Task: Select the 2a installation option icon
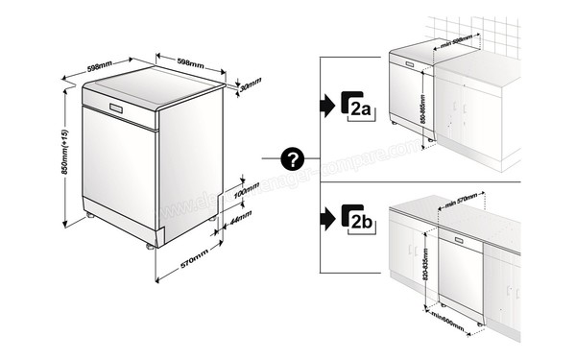pyautogui.click(x=358, y=107)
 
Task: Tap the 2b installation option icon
pyautogui.click(x=358, y=219)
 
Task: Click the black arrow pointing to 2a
pyautogui.click(x=327, y=107)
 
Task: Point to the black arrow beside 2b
pyautogui.click(x=327, y=219)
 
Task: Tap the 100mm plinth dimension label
pyautogui.click(x=247, y=190)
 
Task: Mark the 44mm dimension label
pyautogui.click(x=239, y=219)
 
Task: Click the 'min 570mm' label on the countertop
pyautogui.click(x=464, y=203)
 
